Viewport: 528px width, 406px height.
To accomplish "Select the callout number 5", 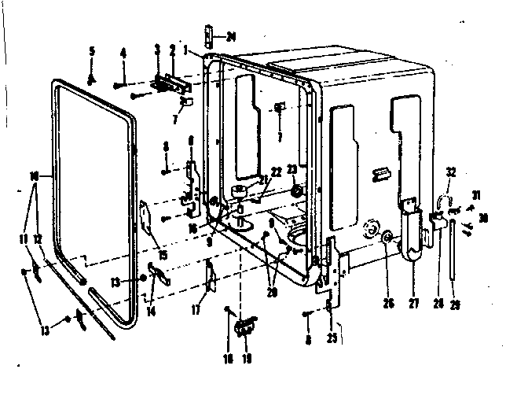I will pyautogui.click(x=91, y=51).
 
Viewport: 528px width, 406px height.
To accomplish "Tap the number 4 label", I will pyautogui.click(x=123, y=53).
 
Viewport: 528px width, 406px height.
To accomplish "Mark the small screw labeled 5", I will pyautogui.click(x=92, y=77).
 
